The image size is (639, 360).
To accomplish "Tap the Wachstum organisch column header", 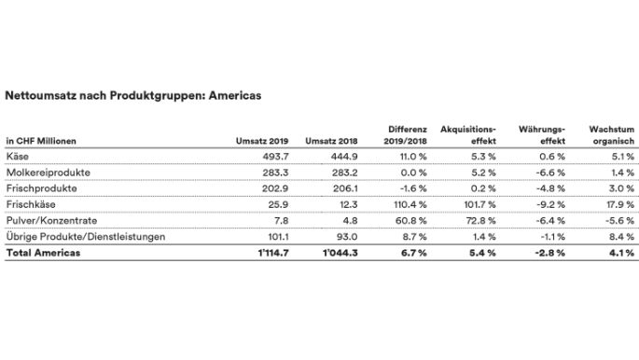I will tap(611, 133).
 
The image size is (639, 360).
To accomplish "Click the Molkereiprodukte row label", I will tap(44, 173).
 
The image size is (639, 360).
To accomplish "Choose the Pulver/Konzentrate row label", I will tap(47, 221).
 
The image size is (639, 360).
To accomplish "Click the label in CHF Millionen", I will tap(41, 141).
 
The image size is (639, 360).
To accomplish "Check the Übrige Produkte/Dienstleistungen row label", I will tap(86, 237).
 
